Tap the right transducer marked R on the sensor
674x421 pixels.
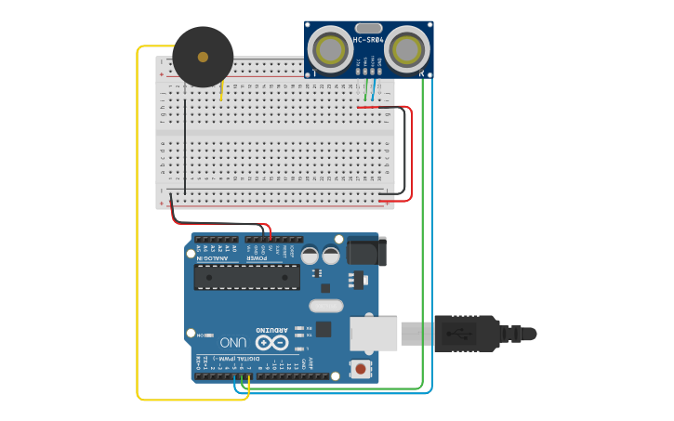(x=408, y=46)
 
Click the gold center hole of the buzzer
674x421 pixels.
(x=203, y=57)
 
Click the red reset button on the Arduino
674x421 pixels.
(x=360, y=370)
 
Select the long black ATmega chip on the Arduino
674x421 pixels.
(x=246, y=276)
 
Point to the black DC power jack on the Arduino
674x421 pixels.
(x=364, y=253)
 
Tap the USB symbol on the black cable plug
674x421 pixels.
(x=462, y=332)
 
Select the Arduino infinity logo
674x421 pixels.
(x=271, y=341)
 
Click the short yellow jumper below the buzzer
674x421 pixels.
(x=221, y=90)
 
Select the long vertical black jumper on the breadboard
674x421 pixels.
(x=184, y=139)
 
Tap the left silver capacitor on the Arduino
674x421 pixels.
(x=309, y=255)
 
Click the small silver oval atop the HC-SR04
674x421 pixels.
(x=369, y=29)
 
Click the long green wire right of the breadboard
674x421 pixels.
(x=423, y=232)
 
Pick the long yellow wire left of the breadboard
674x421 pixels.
(x=138, y=232)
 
